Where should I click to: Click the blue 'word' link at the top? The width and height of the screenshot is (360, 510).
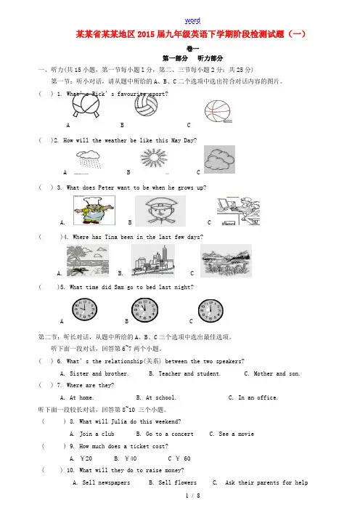point(192,20)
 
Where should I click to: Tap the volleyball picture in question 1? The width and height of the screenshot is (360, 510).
point(146,105)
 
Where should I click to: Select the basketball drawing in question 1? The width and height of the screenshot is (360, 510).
point(218,112)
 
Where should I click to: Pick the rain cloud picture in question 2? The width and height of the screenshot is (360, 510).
point(89,159)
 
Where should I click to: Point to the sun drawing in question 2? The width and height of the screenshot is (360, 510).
point(154,158)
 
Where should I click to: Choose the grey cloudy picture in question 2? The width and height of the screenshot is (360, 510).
point(219,159)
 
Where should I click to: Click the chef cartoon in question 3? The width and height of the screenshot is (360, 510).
point(94,210)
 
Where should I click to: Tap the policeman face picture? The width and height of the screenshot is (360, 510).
point(160,211)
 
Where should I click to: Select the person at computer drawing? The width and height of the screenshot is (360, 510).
point(238,211)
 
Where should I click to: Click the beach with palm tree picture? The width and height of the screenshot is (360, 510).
point(88,261)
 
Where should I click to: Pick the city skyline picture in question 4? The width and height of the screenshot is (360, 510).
point(153,261)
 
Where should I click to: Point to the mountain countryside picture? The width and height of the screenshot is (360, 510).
point(226,261)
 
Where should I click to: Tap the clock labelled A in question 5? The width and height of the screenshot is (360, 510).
point(84,309)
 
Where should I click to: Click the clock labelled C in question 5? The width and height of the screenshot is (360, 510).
point(210,311)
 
